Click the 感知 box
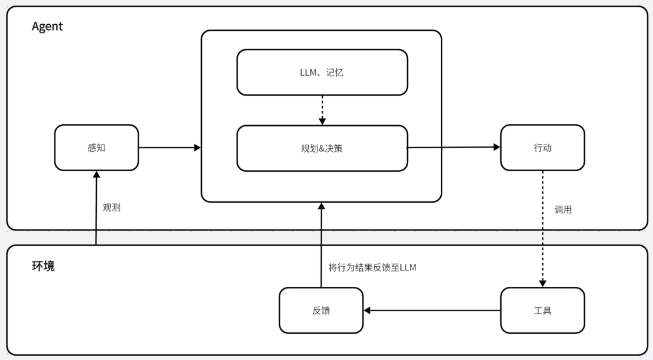[96, 148]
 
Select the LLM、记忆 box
[322, 73]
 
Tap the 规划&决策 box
[322, 148]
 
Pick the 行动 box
[542, 148]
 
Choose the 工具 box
[542, 310]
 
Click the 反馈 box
[321, 310]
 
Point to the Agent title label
[47, 27]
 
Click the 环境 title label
[43, 266]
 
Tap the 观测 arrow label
[111, 208]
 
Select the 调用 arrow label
[563, 210]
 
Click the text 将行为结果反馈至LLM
[372, 267]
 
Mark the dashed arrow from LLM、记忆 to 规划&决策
[322, 109]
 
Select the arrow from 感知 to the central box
[169, 148]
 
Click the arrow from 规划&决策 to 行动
[453, 147]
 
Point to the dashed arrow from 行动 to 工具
[542, 227]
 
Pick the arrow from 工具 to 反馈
[432, 310]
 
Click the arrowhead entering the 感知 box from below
[96, 175]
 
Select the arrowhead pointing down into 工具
[542, 283]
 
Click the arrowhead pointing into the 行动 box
[496, 147]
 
